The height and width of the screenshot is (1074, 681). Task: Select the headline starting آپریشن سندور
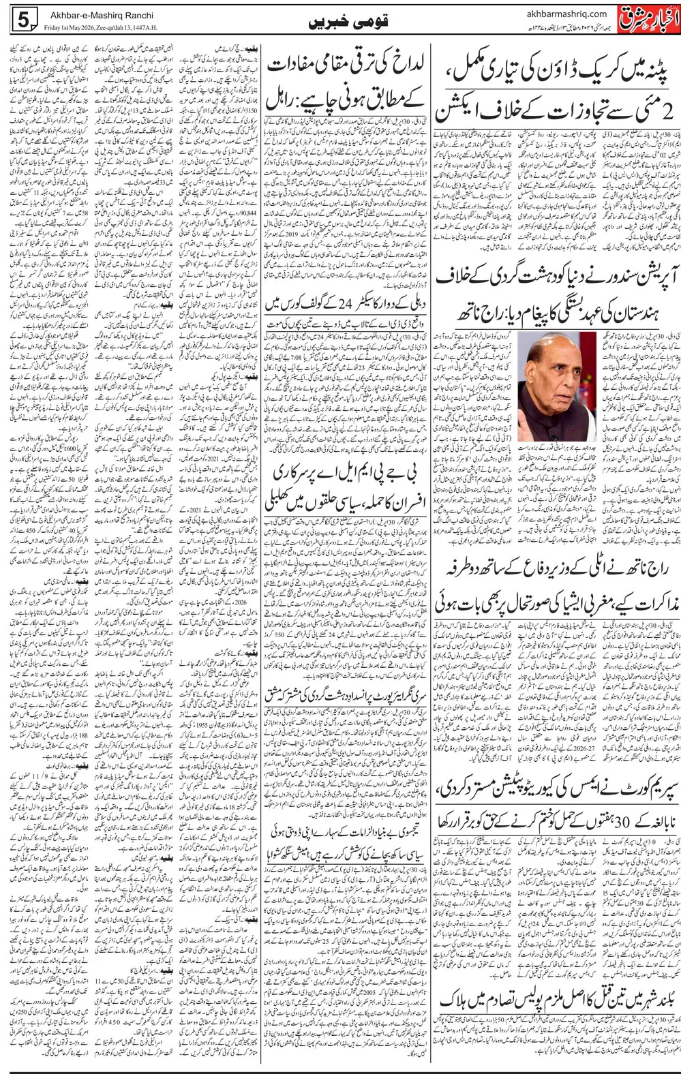(x=552, y=276)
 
